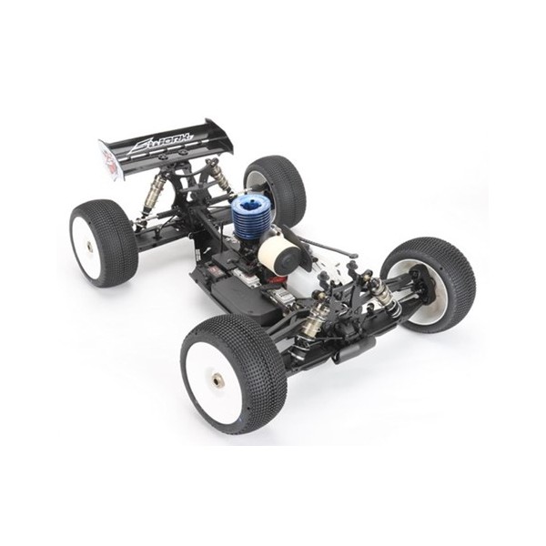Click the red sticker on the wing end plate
coord(110,162)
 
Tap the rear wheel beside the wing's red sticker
coord(103,243)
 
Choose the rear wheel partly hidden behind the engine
coord(276,187)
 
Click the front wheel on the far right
coord(430,283)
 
